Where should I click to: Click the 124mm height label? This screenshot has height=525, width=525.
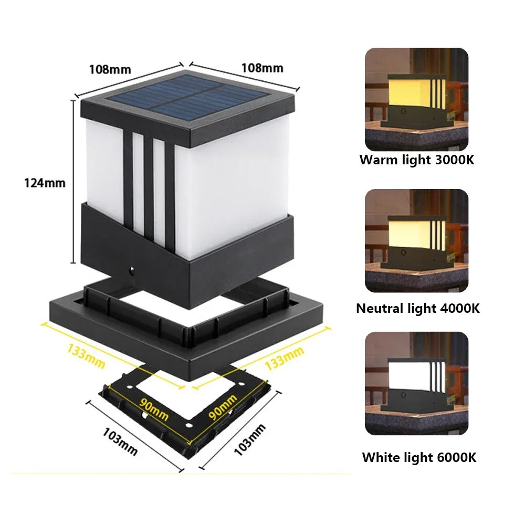point(45,183)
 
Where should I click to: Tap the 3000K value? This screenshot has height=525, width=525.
point(455,160)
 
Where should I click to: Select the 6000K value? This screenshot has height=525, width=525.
point(456,457)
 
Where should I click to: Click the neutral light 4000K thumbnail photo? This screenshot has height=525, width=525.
point(416,240)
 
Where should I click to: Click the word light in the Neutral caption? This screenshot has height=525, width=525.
point(422,308)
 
